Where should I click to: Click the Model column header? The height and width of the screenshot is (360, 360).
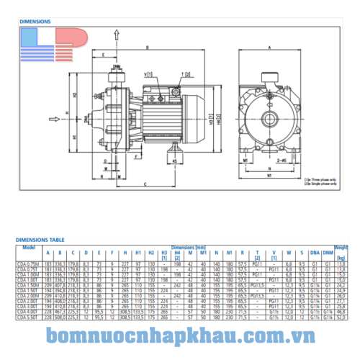(x=28, y=247)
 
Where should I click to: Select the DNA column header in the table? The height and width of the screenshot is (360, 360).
(x=314, y=253)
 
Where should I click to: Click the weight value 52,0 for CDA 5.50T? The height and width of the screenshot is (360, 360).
(x=341, y=315)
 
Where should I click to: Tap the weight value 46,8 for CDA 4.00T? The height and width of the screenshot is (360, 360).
(x=341, y=310)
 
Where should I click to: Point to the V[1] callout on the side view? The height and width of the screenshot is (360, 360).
(x=148, y=74)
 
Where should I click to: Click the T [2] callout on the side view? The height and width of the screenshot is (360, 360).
(x=186, y=74)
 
